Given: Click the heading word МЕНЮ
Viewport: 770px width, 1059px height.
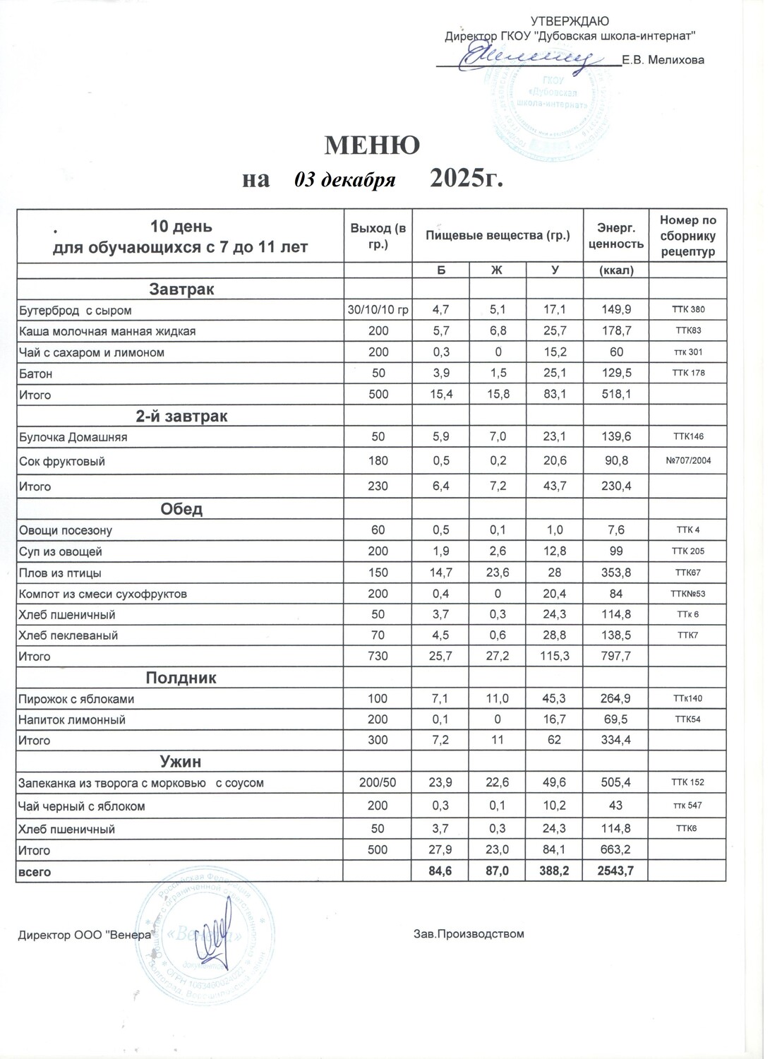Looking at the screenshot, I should (372, 145).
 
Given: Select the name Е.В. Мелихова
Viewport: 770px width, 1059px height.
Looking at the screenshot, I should (663, 61).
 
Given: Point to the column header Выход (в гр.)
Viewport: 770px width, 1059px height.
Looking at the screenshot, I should (378, 236).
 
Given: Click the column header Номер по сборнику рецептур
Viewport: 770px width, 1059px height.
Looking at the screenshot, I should (687, 236).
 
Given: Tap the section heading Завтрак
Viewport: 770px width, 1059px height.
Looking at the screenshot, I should (181, 289).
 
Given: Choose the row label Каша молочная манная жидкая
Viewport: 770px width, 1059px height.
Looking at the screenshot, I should (107, 331).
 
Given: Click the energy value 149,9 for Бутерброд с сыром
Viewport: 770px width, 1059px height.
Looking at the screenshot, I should (614, 310).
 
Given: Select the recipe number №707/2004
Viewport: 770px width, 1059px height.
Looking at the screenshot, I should (687, 461).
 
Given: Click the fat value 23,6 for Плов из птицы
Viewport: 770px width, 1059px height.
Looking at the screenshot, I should (498, 573).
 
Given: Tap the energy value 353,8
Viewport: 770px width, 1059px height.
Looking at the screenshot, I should (614, 573).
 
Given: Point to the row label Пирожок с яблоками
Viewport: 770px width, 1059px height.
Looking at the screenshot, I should (76, 699).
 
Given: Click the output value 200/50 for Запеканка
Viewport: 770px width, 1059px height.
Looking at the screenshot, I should (378, 783).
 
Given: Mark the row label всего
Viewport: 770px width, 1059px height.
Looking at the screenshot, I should (35, 872).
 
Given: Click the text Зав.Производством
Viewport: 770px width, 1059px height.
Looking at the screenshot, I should (469, 934).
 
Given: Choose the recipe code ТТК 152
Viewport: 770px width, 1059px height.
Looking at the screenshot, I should (687, 783).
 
